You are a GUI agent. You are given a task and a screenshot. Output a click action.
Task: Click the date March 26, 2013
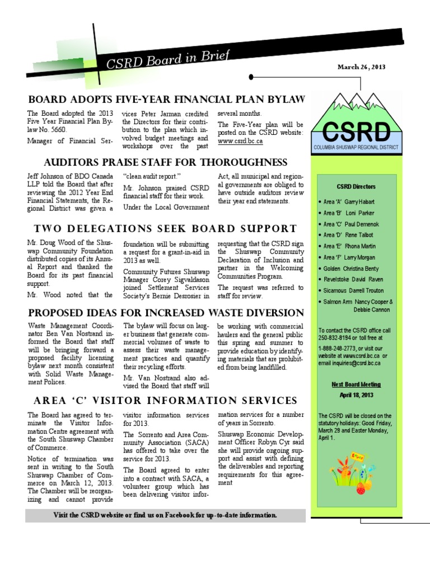pyautogui.click(x=361, y=67)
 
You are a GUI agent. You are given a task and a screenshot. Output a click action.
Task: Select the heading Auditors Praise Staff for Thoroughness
pyautogui.click(x=166, y=163)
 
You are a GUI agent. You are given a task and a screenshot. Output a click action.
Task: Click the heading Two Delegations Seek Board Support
pyautogui.click(x=165, y=228)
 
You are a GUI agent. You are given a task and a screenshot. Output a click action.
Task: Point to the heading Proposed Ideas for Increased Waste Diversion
pyautogui.click(x=166, y=312)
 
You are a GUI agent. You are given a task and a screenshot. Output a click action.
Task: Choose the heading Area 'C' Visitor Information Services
pyautogui.click(x=165, y=401)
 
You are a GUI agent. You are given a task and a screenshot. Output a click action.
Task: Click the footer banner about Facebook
pyautogui.click(x=165, y=515)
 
